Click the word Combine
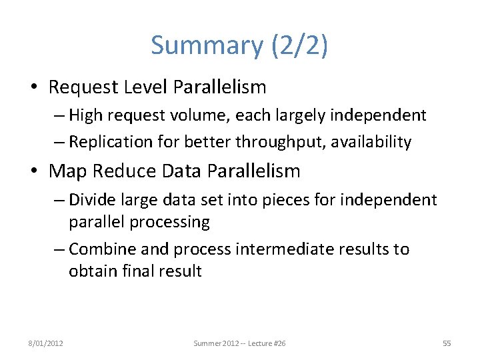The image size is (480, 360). [102, 249]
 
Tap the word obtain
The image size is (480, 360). [91, 271]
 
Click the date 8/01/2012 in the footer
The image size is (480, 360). [45, 343]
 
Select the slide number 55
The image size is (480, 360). [447, 343]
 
